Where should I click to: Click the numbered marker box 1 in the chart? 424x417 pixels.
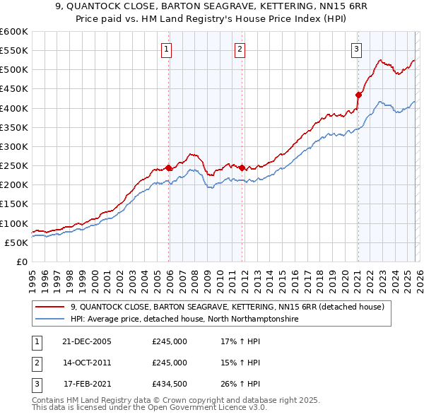(166, 49)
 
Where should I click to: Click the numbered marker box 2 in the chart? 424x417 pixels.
(240, 49)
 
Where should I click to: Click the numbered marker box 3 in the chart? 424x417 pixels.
(355, 49)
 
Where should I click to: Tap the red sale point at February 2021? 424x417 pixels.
(358, 95)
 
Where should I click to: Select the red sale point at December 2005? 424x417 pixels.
(168, 168)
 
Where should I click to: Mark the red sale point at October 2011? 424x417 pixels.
(242, 168)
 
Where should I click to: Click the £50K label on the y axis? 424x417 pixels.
(16, 242)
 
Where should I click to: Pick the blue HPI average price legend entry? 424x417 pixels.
(184, 319)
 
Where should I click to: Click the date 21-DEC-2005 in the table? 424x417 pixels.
(87, 341)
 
